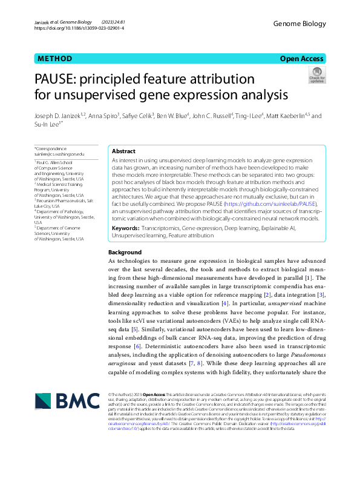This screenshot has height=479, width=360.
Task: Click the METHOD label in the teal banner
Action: tap(55, 59)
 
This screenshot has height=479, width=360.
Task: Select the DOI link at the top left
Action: tap(79, 28)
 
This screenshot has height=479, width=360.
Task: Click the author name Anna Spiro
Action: tap(104, 115)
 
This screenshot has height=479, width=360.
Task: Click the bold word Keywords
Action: tap(125, 228)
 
